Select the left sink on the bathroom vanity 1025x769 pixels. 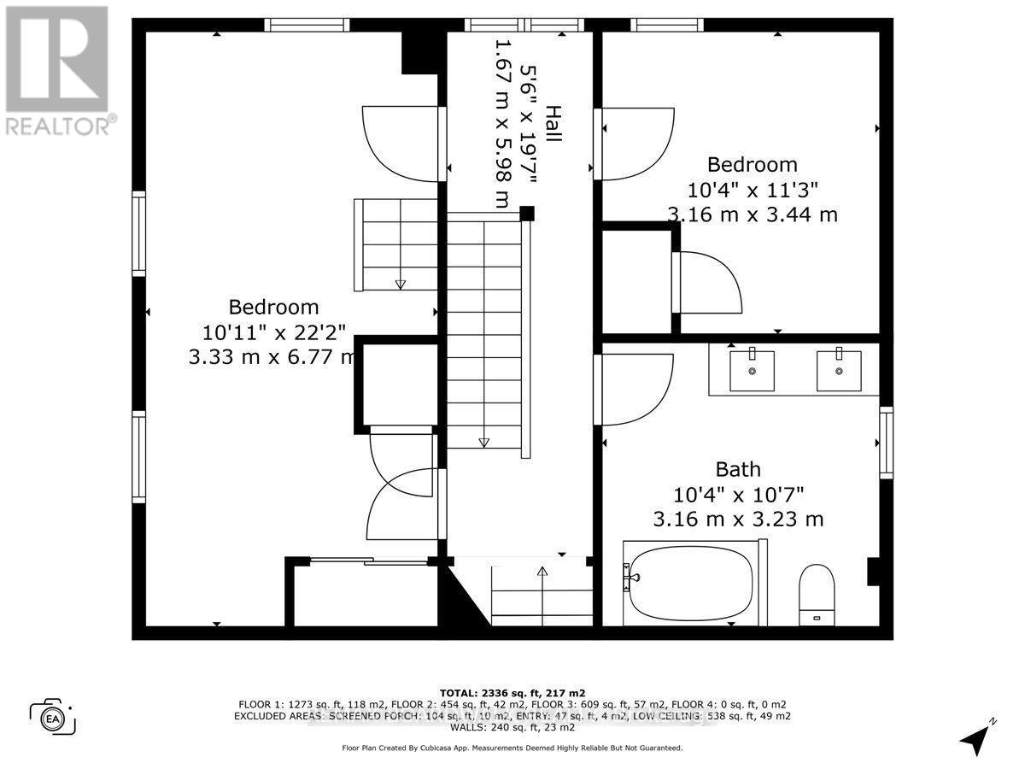pos(752,370)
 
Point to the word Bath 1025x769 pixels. pos(738,469)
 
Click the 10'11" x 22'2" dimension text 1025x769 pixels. pos(273,332)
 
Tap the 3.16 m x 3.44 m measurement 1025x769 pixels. pos(752,214)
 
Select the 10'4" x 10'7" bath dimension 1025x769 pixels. pos(738,494)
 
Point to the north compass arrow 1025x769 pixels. pos(976,737)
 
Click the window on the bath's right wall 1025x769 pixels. pos(886,443)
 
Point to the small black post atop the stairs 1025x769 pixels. pos(527,213)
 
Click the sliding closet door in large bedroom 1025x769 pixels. pos(367,561)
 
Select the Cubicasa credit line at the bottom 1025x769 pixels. pos(512,748)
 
